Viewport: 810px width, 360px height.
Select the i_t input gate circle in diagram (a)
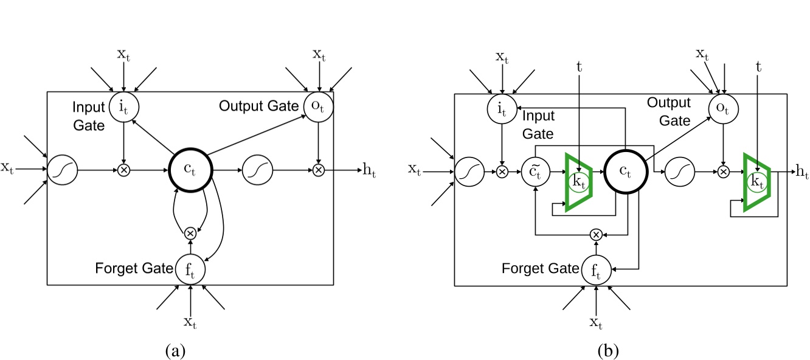pos(123,107)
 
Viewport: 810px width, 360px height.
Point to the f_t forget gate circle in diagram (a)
pos(190,268)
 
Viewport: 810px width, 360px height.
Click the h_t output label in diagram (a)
pos(369,171)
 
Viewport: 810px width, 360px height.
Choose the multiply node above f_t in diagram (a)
pos(190,232)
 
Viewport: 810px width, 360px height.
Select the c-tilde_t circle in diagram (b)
pos(535,172)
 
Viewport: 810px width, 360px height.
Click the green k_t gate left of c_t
pos(579,182)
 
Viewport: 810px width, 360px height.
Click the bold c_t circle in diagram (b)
pos(627,172)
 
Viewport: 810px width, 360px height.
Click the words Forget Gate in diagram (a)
pos(134,268)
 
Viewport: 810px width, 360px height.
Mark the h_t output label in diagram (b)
pos(801,172)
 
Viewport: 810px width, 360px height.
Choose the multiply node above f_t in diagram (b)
pos(596,234)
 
